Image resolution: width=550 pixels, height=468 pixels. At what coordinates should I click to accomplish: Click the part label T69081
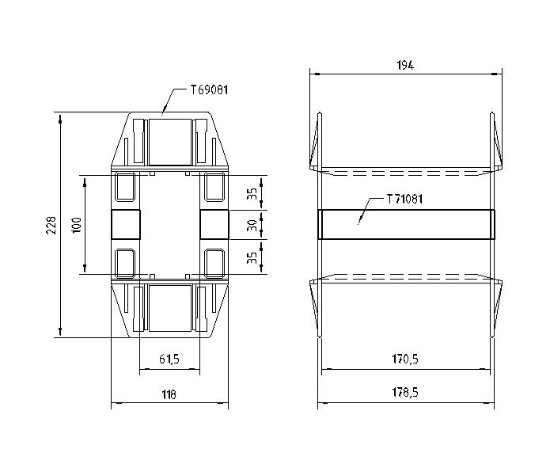click(x=209, y=90)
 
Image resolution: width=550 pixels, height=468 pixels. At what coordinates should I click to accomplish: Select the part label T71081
click(x=404, y=199)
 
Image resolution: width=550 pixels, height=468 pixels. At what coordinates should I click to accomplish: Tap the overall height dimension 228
click(x=51, y=225)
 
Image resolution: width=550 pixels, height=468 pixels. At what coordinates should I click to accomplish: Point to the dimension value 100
click(x=76, y=225)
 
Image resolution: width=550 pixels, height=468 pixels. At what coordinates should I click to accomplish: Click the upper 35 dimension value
click(x=251, y=192)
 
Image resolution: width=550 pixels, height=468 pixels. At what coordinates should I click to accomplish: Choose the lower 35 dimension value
click(x=251, y=257)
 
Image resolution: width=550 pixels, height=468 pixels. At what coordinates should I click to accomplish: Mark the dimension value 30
click(x=251, y=225)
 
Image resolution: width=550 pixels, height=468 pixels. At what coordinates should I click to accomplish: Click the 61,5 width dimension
click(x=169, y=360)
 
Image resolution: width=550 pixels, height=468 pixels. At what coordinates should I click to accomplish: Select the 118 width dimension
click(x=169, y=394)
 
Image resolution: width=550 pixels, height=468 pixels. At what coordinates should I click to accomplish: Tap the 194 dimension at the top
click(x=404, y=65)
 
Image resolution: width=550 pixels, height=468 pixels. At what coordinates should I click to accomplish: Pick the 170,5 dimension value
click(x=404, y=360)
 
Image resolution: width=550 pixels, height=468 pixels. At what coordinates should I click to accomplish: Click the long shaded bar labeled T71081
click(x=406, y=224)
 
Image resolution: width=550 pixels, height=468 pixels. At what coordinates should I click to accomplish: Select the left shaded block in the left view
click(x=125, y=224)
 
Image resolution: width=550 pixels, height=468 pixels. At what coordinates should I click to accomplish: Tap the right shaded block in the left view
click(x=214, y=224)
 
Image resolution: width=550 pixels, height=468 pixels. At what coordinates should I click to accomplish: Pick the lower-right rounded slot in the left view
click(x=214, y=261)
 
